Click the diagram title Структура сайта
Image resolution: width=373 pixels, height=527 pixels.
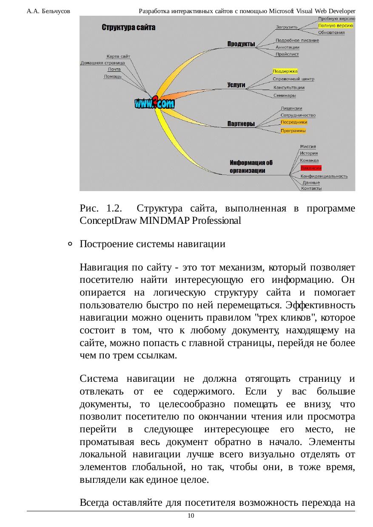pyautogui.click(x=128, y=28)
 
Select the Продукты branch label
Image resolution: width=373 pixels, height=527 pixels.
pyautogui.click(x=241, y=44)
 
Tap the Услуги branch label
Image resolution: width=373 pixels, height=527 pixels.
pyautogui.click(x=236, y=85)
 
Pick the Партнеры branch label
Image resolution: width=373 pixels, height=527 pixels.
pyautogui.click(x=241, y=124)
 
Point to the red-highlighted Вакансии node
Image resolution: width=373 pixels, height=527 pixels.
pyautogui.click(x=310, y=168)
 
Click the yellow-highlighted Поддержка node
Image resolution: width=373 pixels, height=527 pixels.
pyautogui.click(x=285, y=71)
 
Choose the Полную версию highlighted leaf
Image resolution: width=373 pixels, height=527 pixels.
pyautogui.click(x=336, y=25)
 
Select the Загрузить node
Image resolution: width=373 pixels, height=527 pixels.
pyautogui.click(x=287, y=28)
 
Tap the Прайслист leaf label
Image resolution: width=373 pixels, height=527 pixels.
pyautogui.click(x=287, y=54)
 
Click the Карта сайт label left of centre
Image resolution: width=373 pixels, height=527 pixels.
pyautogui.click(x=118, y=56)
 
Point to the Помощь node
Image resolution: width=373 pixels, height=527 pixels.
pyautogui.click(x=113, y=76)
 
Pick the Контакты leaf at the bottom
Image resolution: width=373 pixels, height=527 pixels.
pyautogui.click(x=311, y=188)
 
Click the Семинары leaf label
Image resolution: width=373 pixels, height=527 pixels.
pyautogui.click(x=285, y=95)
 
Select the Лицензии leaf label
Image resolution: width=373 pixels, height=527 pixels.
pyautogui.click(x=291, y=109)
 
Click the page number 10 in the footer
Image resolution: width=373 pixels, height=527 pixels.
pyautogui.click(x=191, y=516)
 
